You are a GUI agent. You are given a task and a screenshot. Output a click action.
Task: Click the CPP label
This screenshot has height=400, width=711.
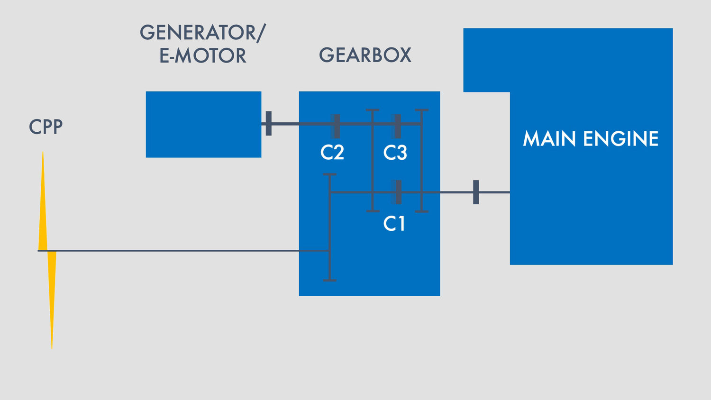(46, 127)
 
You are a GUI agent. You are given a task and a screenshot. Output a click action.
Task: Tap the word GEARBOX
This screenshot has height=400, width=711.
(365, 55)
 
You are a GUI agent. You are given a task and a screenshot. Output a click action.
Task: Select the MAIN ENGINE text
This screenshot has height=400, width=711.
(591, 138)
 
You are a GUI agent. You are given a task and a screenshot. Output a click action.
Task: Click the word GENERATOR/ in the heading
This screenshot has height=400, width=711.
(203, 32)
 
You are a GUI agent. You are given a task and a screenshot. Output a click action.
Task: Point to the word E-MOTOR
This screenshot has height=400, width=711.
(203, 55)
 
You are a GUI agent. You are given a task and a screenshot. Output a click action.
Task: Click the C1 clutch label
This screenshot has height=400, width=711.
(394, 224)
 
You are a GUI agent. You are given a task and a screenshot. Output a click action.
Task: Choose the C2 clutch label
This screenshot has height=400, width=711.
(332, 153)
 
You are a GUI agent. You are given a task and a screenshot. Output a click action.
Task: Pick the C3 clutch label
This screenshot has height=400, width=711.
(395, 153)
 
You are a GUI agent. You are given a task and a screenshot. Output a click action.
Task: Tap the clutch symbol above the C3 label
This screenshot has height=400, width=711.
(396, 126)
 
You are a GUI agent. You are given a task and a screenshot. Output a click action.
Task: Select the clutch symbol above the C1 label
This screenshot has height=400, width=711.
(396, 192)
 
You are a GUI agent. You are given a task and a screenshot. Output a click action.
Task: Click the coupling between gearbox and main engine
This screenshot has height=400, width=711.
(476, 192)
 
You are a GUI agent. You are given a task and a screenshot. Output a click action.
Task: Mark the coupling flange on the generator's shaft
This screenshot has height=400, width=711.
(269, 124)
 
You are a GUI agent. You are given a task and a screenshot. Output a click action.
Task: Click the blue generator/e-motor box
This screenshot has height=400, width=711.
(203, 125)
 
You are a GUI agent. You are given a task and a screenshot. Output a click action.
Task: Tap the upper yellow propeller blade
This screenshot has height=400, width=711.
(43, 201)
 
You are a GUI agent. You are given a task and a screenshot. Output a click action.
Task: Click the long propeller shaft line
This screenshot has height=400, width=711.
(183, 251)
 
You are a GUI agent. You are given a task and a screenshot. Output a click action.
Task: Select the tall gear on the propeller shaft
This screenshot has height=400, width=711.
(330, 227)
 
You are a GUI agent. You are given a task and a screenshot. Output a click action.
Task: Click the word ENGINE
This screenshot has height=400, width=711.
(621, 138)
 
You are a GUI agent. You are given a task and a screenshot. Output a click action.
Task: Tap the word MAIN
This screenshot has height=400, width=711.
(549, 138)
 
